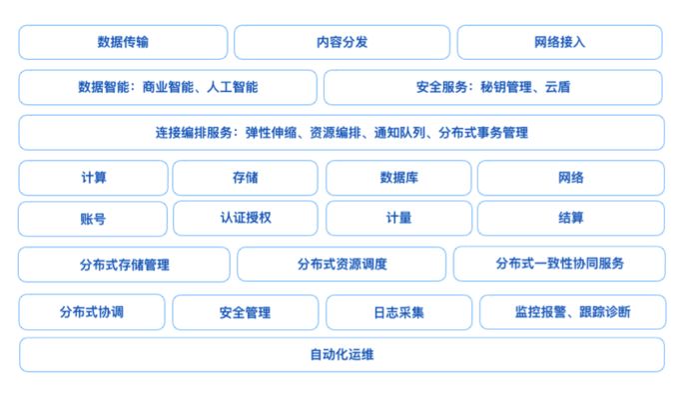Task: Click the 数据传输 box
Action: coord(125,42)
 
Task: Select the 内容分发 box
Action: coord(342,42)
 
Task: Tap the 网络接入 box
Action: coord(559,42)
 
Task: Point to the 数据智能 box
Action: coord(167,87)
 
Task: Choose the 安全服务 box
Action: coord(492,87)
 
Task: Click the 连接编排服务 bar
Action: coord(342,132)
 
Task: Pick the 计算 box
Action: coord(94,177)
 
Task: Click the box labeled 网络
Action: coord(570,177)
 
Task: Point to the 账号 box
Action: coord(94,218)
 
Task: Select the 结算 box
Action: coord(570,218)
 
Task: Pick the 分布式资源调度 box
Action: coord(342,264)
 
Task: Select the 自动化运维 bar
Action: coord(342,354)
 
